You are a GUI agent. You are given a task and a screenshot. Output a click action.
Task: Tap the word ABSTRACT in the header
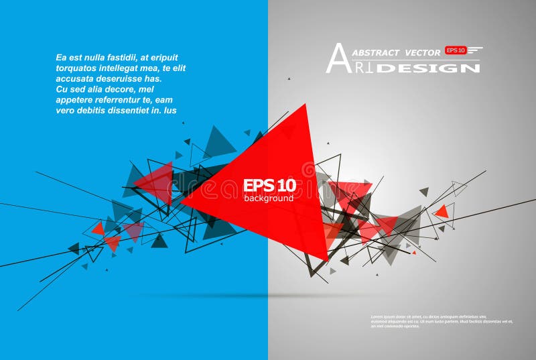pos(376,52)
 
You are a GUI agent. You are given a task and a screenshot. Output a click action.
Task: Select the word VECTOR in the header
pos(423,52)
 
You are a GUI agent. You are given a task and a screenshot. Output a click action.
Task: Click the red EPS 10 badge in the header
pos(456,50)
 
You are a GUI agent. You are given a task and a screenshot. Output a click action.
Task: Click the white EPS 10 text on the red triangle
pos(269,185)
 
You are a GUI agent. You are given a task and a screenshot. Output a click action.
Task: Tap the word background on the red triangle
pos(268,198)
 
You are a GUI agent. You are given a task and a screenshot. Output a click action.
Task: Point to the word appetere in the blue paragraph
pos(74,99)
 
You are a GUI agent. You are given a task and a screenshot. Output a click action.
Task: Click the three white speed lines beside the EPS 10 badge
pos(475,50)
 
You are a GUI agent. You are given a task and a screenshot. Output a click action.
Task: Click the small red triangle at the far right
pos(441,212)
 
